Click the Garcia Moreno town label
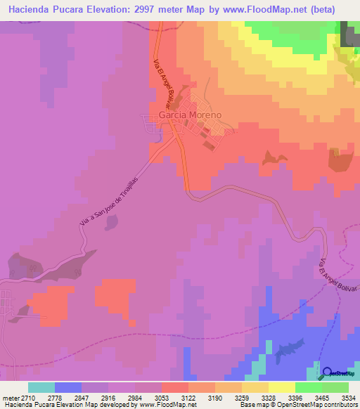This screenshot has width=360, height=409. pyautogui.click(x=190, y=114)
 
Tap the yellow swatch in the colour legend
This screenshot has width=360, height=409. pyautogui.click(x=281, y=387)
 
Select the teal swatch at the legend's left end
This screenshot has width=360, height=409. pyautogui.click(x=41, y=387)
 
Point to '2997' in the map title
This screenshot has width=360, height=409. pyautogui.click(x=157, y=9)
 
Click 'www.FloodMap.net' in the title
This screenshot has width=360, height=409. pyautogui.click(x=262, y=9)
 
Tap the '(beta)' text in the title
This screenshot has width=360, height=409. pyautogui.click(x=321, y=9)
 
